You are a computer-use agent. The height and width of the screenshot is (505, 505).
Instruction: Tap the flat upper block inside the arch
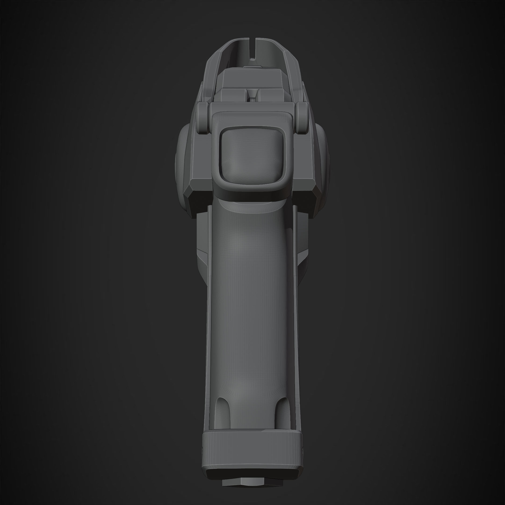coord(252,78)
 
